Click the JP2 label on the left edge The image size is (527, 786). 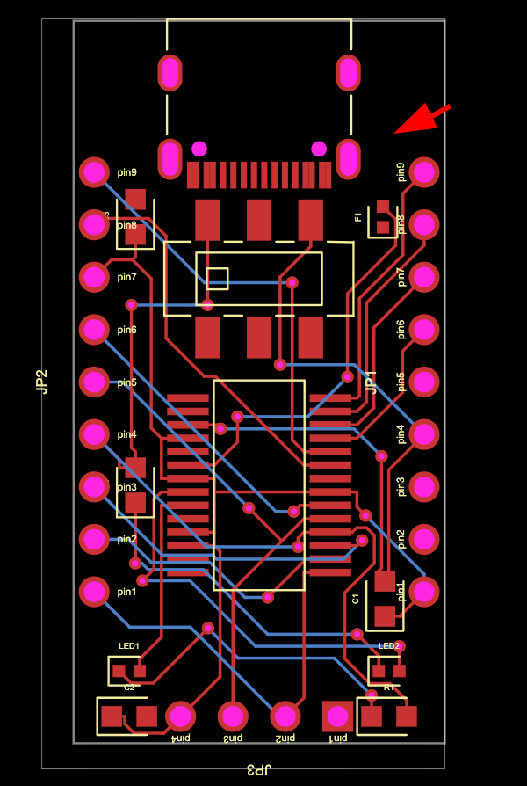click(x=40, y=382)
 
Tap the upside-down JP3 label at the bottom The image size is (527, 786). click(x=257, y=769)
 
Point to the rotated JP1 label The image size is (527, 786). click(x=371, y=381)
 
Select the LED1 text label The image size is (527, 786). click(x=129, y=646)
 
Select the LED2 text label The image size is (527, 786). click(x=389, y=646)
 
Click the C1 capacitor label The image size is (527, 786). click(x=356, y=599)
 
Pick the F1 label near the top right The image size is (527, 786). click(x=358, y=216)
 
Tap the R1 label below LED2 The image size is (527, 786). click(x=389, y=687)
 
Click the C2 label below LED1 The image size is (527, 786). click(x=129, y=687)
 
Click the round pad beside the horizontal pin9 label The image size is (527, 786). click(x=94, y=172)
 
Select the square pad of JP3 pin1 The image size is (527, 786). click(x=337, y=717)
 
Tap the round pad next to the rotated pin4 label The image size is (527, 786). click(x=424, y=433)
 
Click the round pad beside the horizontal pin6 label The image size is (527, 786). click(x=94, y=330)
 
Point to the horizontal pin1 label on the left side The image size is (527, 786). click(x=127, y=592)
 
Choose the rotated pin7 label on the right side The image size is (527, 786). click(x=401, y=277)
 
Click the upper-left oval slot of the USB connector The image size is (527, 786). click(x=170, y=73)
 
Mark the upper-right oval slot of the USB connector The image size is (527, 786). click(x=348, y=73)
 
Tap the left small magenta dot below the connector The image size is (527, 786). click(x=199, y=149)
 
